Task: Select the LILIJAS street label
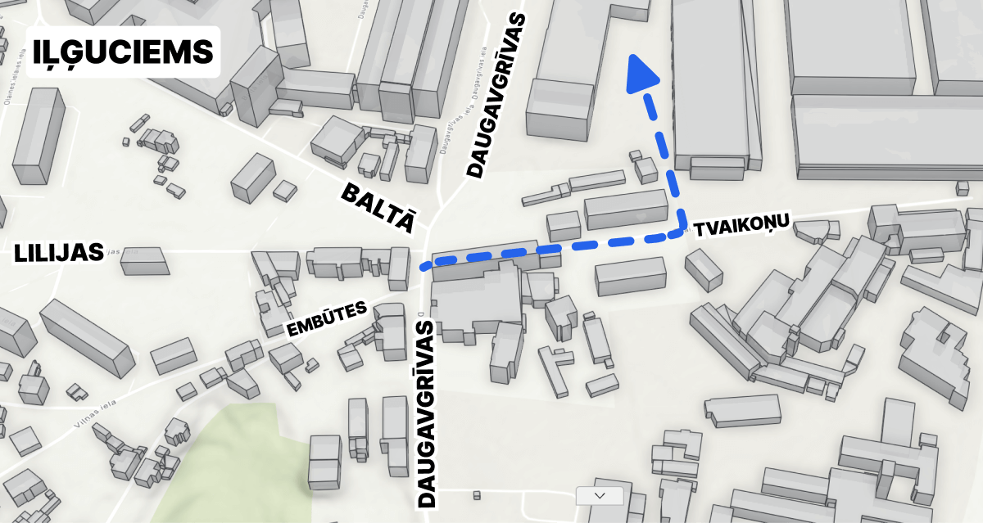click(59, 253)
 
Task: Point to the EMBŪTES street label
click(325, 320)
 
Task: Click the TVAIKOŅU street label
click(741, 225)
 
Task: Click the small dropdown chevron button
click(600, 495)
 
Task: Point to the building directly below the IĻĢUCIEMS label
click(39, 135)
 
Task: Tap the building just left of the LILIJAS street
click(145, 261)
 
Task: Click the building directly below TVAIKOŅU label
click(703, 269)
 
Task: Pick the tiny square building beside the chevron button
click(476, 494)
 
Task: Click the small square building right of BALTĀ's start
click(285, 191)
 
